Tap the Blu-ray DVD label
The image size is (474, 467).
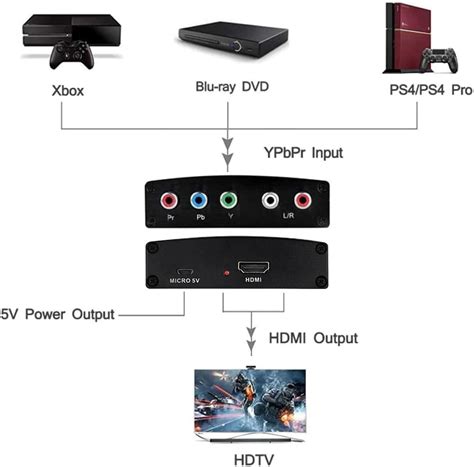[231, 85]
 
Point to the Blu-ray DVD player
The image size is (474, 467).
[231, 40]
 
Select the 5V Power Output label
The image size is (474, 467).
[55, 313]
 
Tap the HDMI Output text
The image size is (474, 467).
[313, 338]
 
